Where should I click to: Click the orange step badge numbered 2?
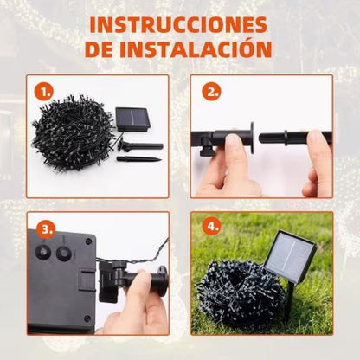(210, 90)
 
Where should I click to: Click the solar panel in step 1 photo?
(132, 119)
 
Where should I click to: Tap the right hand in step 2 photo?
(318, 164)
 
